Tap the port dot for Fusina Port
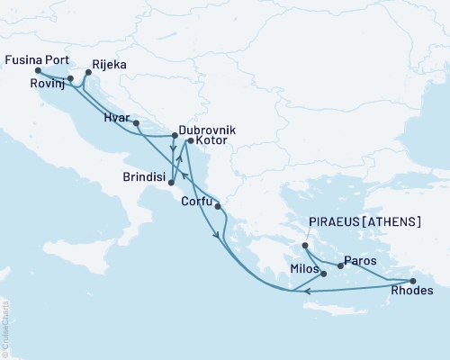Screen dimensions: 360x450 click(x=38, y=70)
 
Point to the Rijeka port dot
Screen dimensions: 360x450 click(x=87, y=76)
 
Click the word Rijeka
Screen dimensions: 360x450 click(x=109, y=65)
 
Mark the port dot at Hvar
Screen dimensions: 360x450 click(x=136, y=121)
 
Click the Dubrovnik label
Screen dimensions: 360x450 click(x=208, y=130)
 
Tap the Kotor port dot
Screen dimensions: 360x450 click(x=189, y=141)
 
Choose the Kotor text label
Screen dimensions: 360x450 click(x=211, y=143)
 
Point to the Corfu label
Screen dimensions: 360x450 click(x=197, y=201)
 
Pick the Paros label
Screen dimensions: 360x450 click(x=360, y=259)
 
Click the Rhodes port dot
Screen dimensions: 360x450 click(x=413, y=281)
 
